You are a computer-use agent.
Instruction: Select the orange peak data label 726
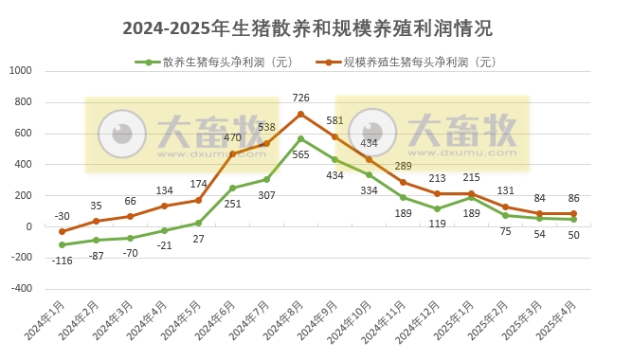pyautogui.click(x=302, y=98)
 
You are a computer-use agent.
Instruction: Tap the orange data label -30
pyautogui.click(x=62, y=214)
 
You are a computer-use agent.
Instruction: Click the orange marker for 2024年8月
pyautogui.click(x=300, y=114)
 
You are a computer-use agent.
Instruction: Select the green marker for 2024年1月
pyautogui.click(x=62, y=244)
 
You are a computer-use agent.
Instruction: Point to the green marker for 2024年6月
pyautogui.click(x=232, y=188)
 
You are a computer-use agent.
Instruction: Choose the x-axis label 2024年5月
pyautogui.click(x=193, y=322)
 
